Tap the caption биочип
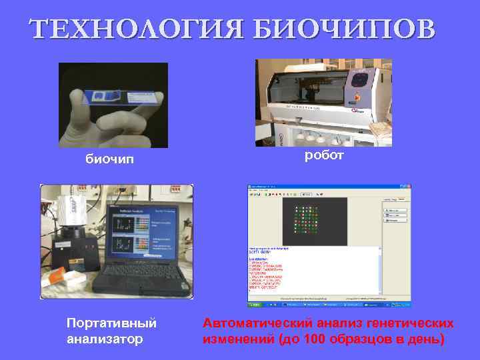pyautogui.click(x=109, y=160)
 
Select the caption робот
pyautogui.click(x=324, y=155)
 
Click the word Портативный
pyautogui.click(x=111, y=323)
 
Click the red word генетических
pyautogui.click(x=411, y=323)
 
